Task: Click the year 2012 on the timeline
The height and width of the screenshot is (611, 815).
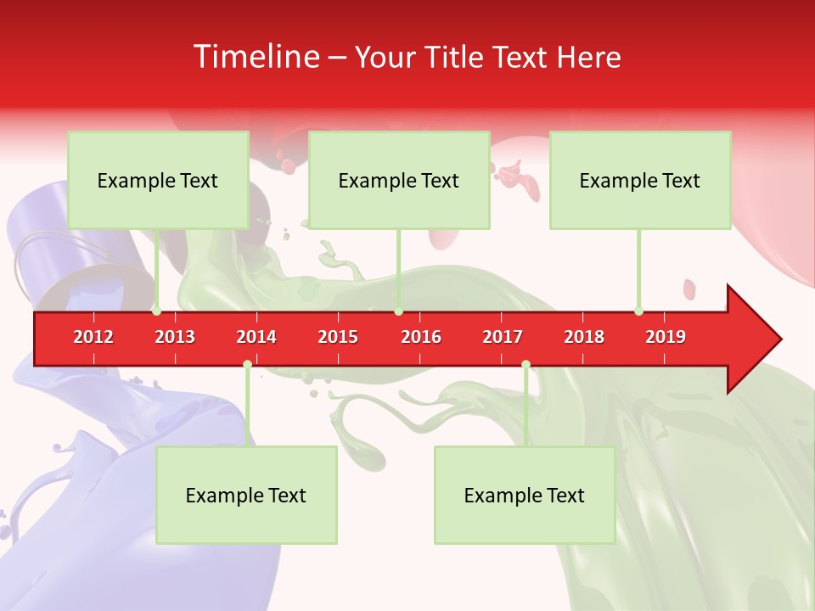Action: tap(93, 337)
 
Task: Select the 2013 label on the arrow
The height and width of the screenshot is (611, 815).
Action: tap(175, 337)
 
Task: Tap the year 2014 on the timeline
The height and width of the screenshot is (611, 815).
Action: tap(256, 337)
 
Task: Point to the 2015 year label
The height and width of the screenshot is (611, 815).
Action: tap(338, 337)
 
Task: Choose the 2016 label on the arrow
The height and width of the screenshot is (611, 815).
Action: tap(421, 337)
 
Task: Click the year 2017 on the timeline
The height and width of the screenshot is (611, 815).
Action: tap(503, 337)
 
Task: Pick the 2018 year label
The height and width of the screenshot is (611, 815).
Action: tap(584, 337)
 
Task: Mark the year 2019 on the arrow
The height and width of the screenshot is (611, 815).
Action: tap(666, 337)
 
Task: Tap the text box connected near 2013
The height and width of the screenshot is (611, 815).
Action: tap(158, 180)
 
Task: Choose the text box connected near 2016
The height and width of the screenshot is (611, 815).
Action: tap(399, 180)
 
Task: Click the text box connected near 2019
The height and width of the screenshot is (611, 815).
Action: tap(640, 180)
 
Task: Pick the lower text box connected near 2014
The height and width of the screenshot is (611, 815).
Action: tap(246, 495)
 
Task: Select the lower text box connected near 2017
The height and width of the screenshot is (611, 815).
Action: tap(525, 495)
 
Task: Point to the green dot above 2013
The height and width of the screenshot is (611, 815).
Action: tap(157, 311)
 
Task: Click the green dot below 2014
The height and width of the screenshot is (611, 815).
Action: tap(247, 364)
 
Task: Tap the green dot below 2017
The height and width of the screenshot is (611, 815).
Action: tap(526, 364)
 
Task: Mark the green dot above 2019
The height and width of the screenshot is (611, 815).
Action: tap(638, 311)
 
